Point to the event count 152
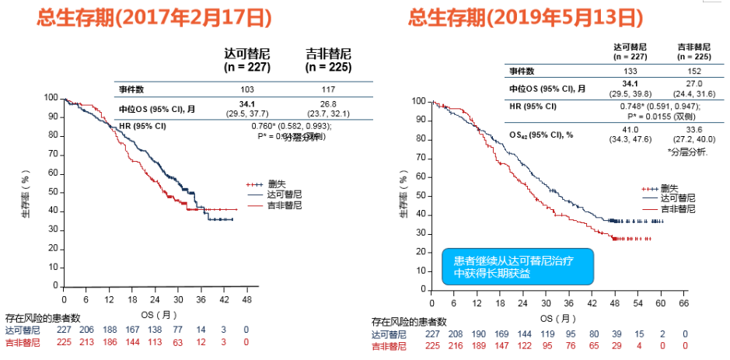click(x=694, y=71)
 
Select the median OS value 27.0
click(x=694, y=84)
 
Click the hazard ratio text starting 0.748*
click(x=662, y=107)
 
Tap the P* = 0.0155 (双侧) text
click(x=662, y=115)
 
